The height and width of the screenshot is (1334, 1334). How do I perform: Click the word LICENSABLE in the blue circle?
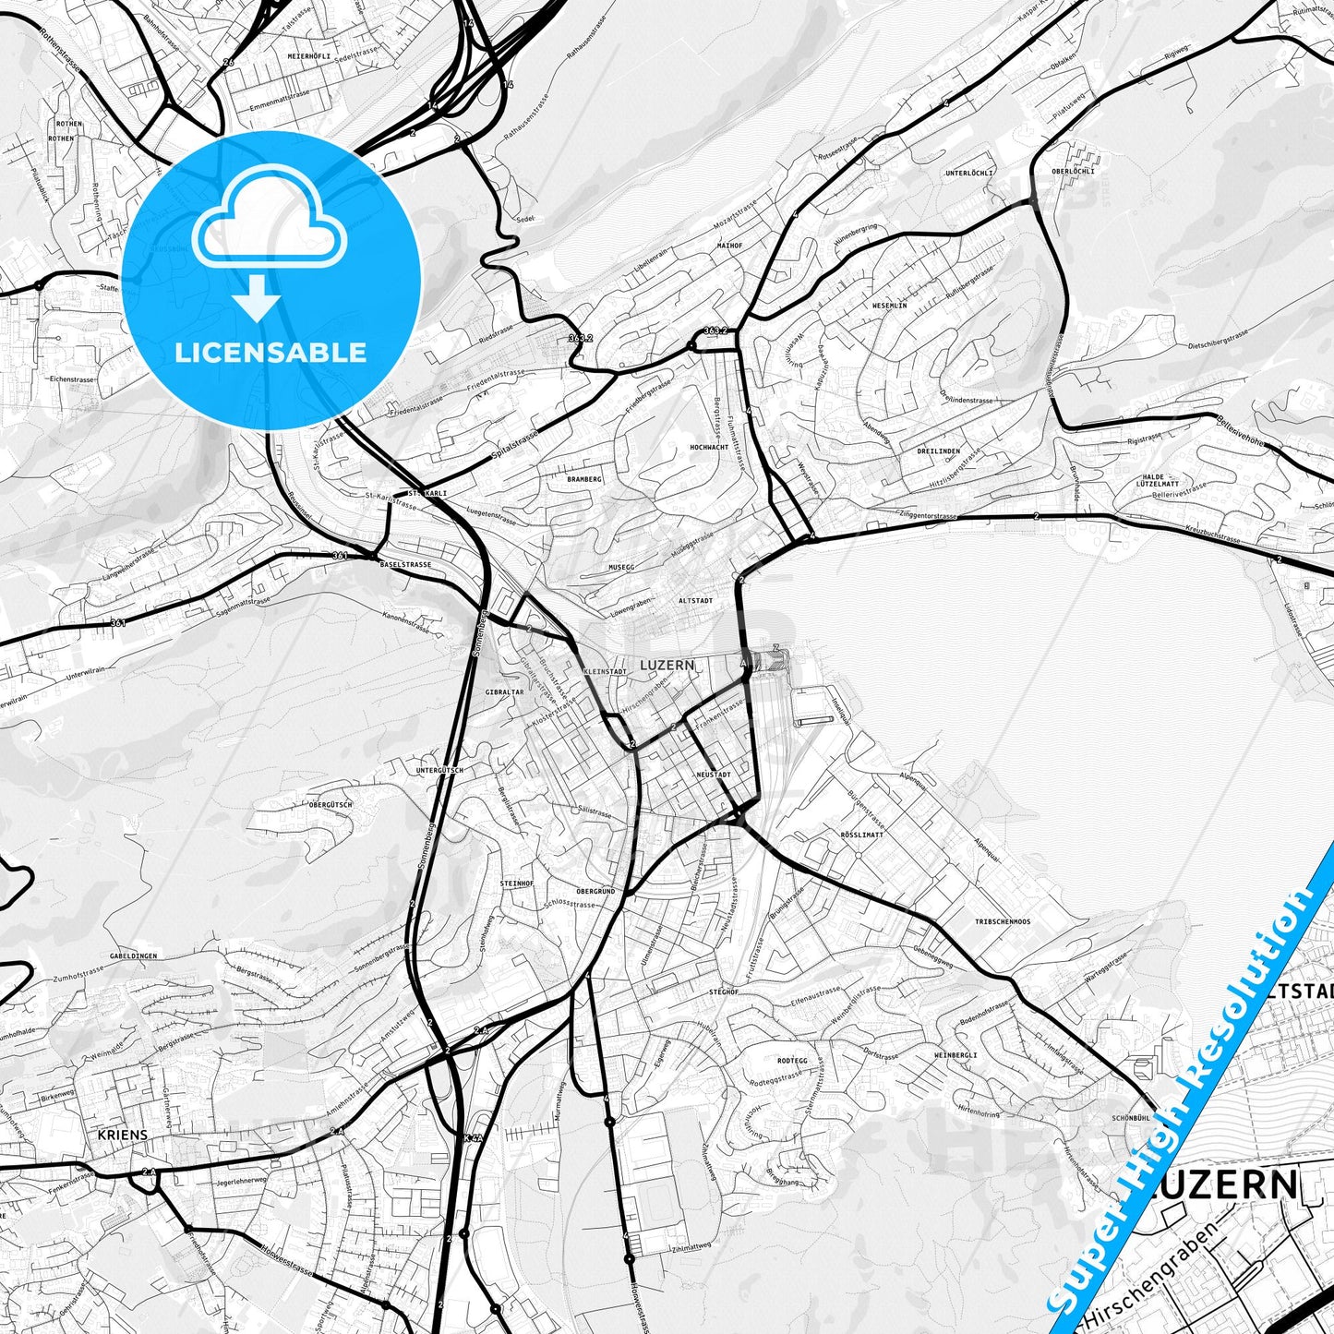click(270, 353)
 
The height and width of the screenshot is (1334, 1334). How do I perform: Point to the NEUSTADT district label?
click(713, 775)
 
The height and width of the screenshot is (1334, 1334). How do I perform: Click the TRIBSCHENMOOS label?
click(1002, 922)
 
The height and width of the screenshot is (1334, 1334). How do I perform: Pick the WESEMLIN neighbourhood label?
click(889, 306)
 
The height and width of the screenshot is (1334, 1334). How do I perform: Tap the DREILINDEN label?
click(939, 451)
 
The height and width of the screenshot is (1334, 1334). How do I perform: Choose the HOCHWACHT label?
click(709, 447)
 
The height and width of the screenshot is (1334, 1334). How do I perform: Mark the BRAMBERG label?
click(584, 479)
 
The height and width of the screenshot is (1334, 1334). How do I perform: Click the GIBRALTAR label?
click(504, 691)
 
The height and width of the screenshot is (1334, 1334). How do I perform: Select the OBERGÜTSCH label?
click(330, 805)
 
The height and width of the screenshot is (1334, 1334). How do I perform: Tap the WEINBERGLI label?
click(955, 1054)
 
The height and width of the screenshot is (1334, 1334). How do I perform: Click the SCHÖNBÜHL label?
click(1131, 1118)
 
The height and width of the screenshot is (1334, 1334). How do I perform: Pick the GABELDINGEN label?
click(133, 956)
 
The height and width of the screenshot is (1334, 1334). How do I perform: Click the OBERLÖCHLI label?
click(1073, 171)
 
